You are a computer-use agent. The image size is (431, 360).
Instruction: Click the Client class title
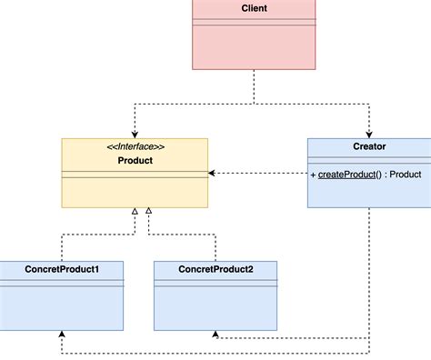[255, 9]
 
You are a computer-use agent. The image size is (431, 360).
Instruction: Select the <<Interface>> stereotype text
[134, 146]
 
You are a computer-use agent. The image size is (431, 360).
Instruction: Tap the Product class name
[134, 160]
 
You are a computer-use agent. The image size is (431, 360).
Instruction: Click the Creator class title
[368, 145]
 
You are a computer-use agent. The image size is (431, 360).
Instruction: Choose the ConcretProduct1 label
[62, 269]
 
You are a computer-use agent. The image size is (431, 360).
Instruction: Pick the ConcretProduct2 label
[215, 269]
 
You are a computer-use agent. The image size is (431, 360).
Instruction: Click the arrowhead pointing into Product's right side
[212, 173]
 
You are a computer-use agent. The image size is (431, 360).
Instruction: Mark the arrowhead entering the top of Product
[135, 134]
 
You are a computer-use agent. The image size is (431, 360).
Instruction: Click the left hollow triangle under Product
[135, 212]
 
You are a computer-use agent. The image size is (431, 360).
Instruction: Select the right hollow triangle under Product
[149, 212]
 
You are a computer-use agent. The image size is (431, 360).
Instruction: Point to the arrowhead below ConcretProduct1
[61, 334]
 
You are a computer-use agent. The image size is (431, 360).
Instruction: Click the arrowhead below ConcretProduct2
[215, 334]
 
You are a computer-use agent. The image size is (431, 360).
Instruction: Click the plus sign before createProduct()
[313, 174]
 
